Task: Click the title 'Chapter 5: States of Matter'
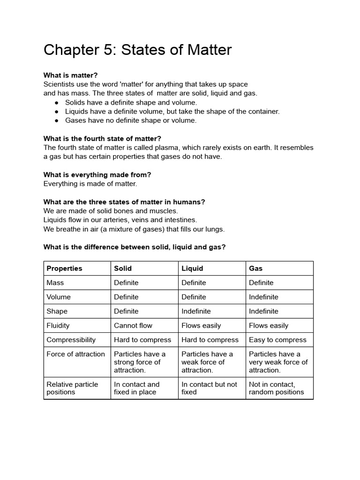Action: [x=137, y=50]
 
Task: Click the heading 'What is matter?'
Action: [x=70, y=75]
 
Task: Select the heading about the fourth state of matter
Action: [x=102, y=138]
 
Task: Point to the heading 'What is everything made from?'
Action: [x=97, y=174]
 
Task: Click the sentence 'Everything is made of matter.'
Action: [x=90, y=184]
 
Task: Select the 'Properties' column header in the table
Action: [x=64, y=269]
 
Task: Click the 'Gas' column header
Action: [x=256, y=269]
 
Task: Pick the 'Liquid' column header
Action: [x=192, y=269]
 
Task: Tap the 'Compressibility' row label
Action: [x=71, y=340]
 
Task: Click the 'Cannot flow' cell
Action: [x=133, y=325]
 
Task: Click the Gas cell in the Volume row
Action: [x=263, y=297]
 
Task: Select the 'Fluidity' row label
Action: [x=58, y=325]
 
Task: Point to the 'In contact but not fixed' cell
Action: [x=209, y=388]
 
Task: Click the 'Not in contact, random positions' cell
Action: [x=277, y=388]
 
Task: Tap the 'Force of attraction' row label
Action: [x=75, y=354]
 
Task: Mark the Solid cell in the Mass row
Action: [x=126, y=283]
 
